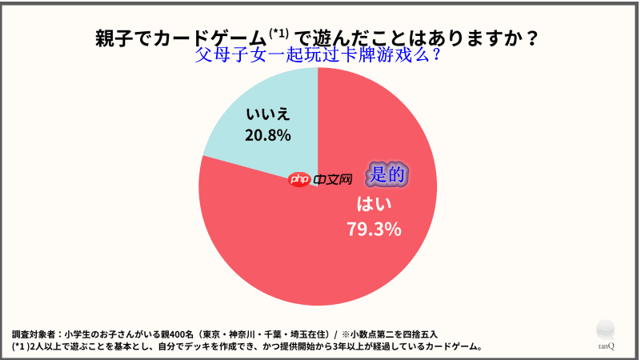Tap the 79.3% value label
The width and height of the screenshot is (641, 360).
(x=373, y=230)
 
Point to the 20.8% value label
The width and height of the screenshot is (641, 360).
(x=267, y=135)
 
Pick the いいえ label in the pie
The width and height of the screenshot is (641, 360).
(x=267, y=113)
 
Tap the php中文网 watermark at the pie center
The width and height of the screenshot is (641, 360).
(x=320, y=180)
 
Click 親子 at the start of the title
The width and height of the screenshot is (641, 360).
(x=110, y=38)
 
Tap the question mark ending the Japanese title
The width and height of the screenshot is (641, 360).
(x=531, y=38)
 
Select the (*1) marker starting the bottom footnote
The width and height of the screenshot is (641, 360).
(x=19, y=346)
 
